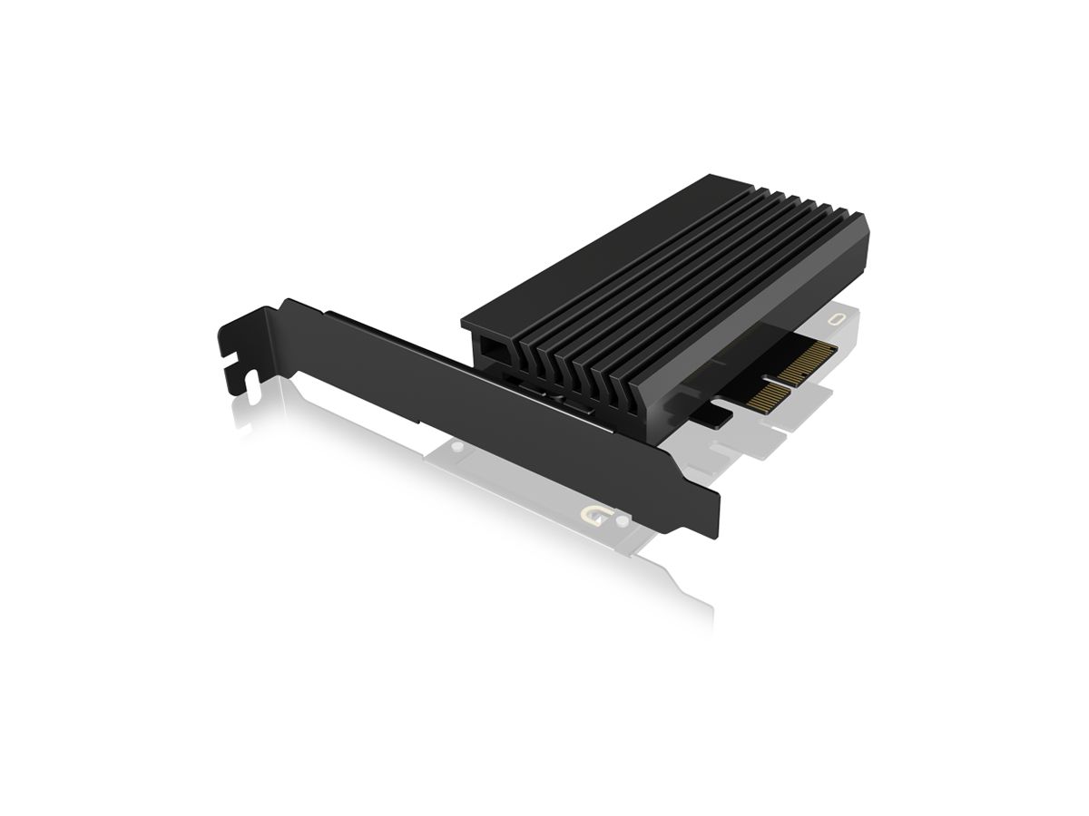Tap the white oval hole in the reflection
coord(837,319)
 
